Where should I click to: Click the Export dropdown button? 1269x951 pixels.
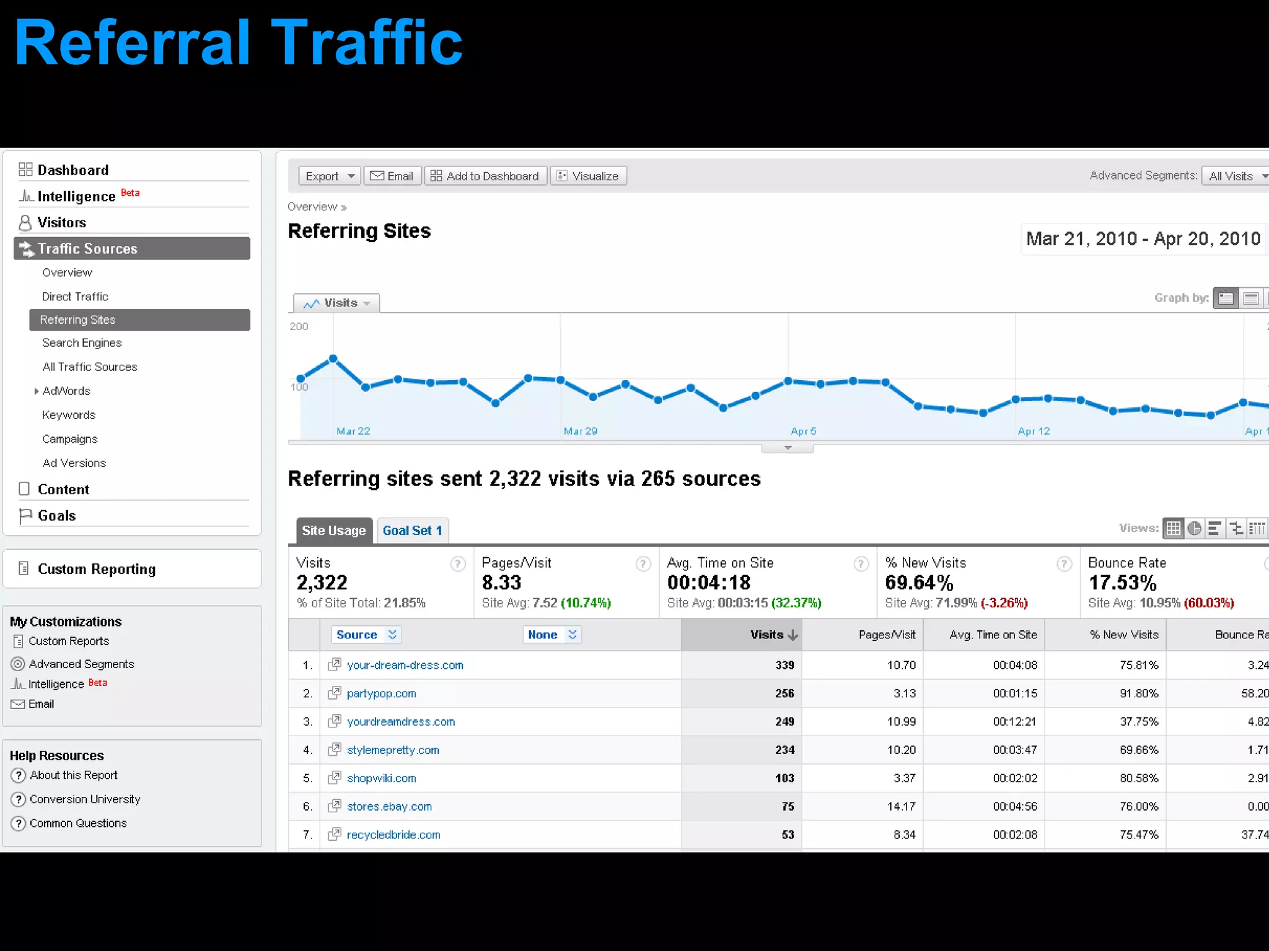(329, 176)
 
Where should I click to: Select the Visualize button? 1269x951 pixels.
(588, 176)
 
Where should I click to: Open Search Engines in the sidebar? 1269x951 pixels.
(82, 342)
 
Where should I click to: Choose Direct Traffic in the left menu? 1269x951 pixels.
(75, 297)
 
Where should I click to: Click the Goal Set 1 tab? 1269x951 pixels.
(412, 531)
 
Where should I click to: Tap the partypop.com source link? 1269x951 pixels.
(381, 693)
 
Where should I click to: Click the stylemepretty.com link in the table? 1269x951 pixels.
(393, 750)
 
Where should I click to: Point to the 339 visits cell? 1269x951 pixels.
(784, 665)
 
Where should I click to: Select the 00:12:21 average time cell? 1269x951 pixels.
(1014, 721)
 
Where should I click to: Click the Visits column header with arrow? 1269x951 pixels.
(773, 635)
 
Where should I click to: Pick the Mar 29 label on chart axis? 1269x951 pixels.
(580, 431)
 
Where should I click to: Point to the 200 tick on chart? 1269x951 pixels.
(299, 326)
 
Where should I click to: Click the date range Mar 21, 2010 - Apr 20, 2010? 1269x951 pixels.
(1143, 239)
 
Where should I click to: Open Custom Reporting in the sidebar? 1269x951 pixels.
(96, 569)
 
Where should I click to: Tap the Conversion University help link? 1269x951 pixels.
(85, 799)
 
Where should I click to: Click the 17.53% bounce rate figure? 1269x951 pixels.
(1122, 583)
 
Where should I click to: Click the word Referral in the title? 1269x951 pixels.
(132, 43)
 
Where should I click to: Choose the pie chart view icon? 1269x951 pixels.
(1194, 528)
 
